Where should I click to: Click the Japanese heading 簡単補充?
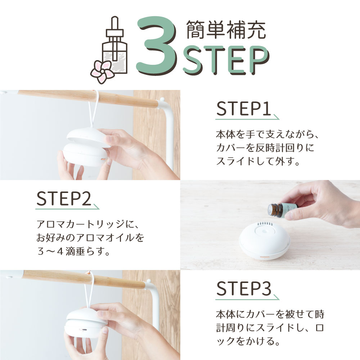coord(226,31)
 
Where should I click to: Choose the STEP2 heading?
coord(64,199)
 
